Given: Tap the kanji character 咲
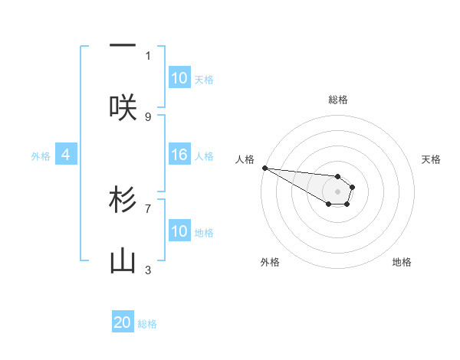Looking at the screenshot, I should click(123, 108).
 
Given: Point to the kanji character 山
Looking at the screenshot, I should click(123, 262).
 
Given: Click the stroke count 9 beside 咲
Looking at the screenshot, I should click(148, 116).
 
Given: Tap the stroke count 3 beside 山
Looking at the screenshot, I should click(148, 270).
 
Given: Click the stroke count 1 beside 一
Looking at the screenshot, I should click(148, 55).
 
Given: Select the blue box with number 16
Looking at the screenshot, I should click(179, 155).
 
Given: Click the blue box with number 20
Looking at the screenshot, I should click(123, 323).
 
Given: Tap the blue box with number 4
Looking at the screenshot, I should click(66, 155).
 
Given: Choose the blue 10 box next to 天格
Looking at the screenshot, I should click(179, 78).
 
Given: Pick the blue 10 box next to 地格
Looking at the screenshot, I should click(179, 231).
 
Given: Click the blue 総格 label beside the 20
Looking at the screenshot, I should click(147, 324).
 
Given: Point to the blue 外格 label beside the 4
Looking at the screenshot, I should click(41, 155).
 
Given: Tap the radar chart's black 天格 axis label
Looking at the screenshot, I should click(431, 159).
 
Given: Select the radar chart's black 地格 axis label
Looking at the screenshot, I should click(402, 262).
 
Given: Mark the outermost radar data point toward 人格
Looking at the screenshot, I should click(264, 168).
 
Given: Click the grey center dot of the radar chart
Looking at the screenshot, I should click(337, 191).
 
